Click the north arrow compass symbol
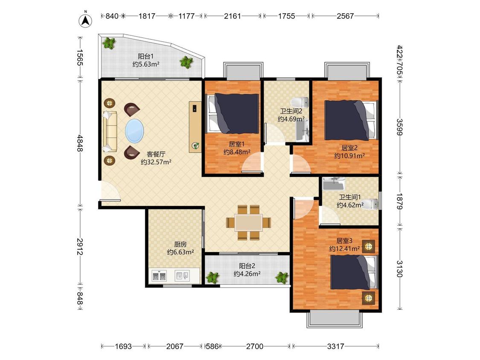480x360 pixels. (86, 20)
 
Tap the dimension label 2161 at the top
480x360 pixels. (233, 16)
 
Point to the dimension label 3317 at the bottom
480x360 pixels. (335, 346)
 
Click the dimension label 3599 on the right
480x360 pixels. (400, 127)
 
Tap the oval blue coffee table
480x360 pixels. (134, 131)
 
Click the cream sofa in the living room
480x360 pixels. (110, 132)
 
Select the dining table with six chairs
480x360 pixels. (249, 223)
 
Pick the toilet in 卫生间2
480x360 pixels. (300, 102)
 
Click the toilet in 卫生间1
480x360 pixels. (370, 204)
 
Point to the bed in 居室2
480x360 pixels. (351, 120)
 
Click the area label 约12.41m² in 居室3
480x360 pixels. (344, 249)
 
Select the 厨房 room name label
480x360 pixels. (180, 244)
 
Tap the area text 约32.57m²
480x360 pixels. (156, 162)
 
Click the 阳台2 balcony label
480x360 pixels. (247, 266)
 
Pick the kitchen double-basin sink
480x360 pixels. (159, 276)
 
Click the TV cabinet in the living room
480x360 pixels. (195, 126)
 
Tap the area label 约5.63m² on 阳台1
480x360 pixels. (146, 64)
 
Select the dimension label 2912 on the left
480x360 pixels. (80, 247)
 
